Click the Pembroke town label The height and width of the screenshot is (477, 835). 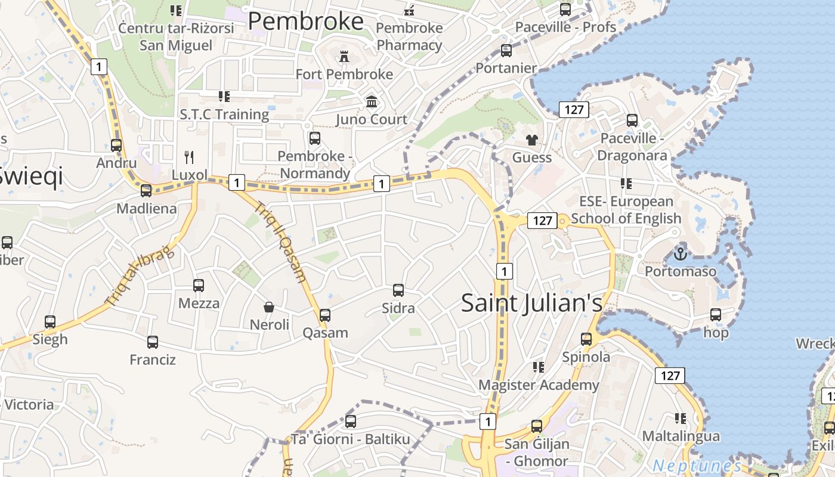pos(305,21)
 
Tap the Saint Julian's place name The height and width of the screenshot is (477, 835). pos(532,303)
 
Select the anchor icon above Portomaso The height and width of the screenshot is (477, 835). pos(680,254)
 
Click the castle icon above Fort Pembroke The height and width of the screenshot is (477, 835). pos(344,57)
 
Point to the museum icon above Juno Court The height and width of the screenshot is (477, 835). pos(372,102)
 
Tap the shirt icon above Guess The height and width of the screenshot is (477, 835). pos(531,140)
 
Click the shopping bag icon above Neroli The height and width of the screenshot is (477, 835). pos(269,307)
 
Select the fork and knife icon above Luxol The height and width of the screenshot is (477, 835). pos(189,157)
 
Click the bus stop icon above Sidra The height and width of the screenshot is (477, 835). pos(398,290)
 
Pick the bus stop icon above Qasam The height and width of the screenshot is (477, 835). pos(325,315)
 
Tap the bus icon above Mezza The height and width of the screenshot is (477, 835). pos(199,286)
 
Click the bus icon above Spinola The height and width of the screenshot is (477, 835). pos(586,339)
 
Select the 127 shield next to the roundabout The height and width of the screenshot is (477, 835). pos(542,221)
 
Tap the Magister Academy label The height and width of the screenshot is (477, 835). pos(539,385)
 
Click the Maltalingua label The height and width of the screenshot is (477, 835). pos(681,436)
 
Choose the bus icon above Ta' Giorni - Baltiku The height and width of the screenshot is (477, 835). pos(351,422)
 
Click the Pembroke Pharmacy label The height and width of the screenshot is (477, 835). pos(409,36)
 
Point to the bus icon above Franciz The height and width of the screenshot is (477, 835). pos(153,342)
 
